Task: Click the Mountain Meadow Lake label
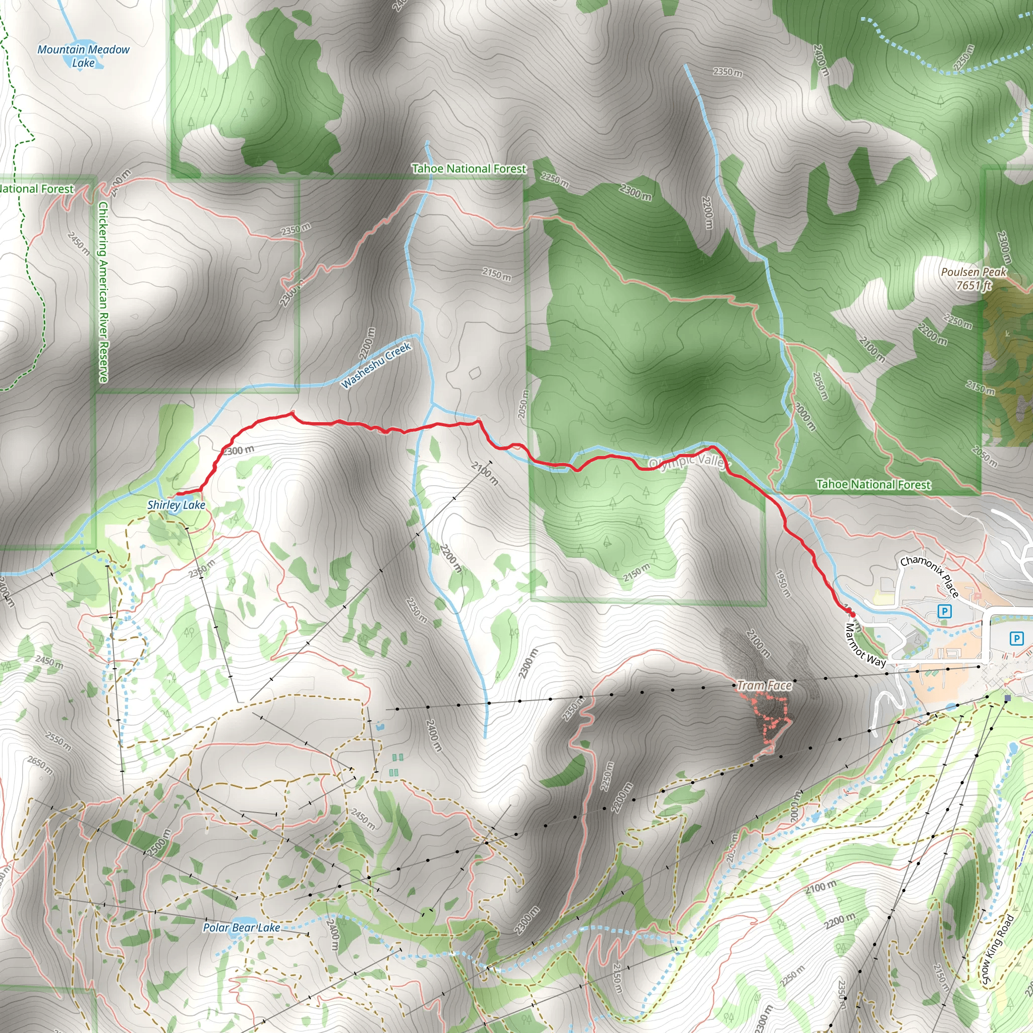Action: coord(83,56)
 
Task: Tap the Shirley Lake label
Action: coord(176,505)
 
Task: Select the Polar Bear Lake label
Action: coord(241,927)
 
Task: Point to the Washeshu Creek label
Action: coord(376,365)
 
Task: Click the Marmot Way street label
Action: coord(865,645)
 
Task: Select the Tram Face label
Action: coord(764,685)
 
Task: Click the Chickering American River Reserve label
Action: coord(103,292)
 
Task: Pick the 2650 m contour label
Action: coord(40,765)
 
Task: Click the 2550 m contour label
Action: coord(58,740)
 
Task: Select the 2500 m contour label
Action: coord(159,843)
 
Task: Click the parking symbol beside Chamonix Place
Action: coord(945,611)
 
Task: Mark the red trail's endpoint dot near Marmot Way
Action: coord(852,614)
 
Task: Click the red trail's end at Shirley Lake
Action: coord(177,494)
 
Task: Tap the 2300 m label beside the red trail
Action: coord(238,451)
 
